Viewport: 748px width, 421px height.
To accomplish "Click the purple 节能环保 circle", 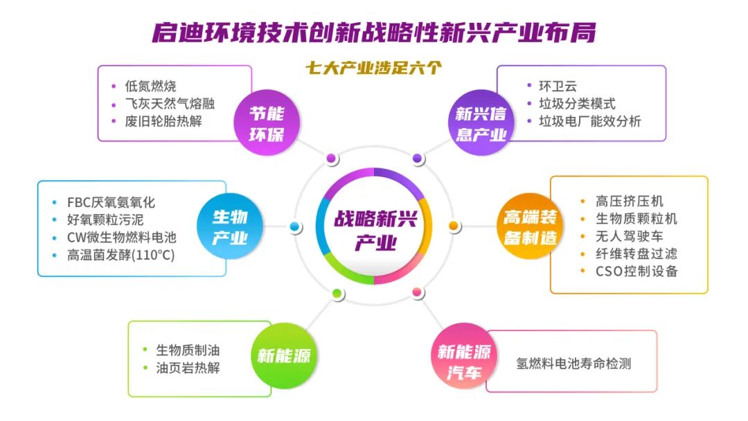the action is tap(267, 123).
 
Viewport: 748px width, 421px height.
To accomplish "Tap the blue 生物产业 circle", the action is tap(230, 226).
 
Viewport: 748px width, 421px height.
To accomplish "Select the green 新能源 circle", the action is tap(284, 355).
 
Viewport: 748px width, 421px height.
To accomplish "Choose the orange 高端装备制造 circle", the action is tap(530, 226).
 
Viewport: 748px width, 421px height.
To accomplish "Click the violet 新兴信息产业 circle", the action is tap(481, 123).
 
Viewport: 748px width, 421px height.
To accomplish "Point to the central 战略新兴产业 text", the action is tap(375, 231).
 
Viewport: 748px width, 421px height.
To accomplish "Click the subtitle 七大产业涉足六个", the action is tap(373, 68).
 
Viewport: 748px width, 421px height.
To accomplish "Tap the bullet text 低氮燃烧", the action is tap(150, 86).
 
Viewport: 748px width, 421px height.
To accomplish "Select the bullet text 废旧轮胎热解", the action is tap(163, 121).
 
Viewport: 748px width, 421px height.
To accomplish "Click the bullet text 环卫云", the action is tap(558, 86).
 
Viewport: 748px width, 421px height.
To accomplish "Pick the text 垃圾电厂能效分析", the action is tap(589, 121).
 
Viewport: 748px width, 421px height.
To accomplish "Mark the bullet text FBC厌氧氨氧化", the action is tap(111, 202).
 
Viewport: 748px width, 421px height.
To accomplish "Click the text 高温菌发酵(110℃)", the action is tap(121, 255).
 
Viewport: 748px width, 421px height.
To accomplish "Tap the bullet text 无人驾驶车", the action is tap(629, 236).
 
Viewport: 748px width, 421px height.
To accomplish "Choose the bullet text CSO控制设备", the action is tap(636, 271).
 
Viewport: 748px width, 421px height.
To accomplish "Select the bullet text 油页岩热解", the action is tap(188, 368).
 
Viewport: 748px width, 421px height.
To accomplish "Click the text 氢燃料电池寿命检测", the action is tap(573, 364).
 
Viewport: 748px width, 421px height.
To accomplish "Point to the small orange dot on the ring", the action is tap(454, 226).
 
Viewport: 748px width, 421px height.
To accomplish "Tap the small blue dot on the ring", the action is tap(295, 226).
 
